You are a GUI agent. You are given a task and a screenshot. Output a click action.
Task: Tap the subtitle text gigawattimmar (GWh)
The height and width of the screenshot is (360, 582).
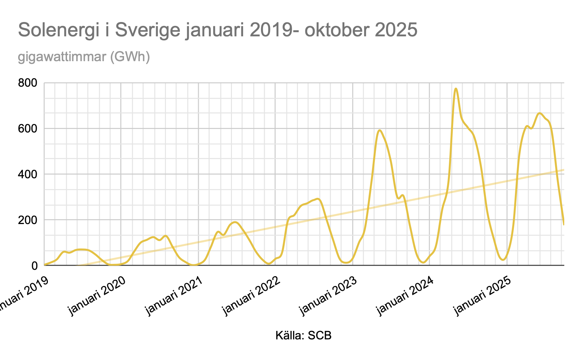pyautogui.click(x=84, y=57)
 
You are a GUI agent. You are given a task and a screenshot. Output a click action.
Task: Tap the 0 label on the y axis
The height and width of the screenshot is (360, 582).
pyautogui.click(x=35, y=266)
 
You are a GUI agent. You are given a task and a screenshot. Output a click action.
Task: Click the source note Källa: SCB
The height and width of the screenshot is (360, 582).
pyautogui.click(x=303, y=336)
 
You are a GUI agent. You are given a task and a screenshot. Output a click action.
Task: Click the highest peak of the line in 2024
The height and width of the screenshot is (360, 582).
pyautogui.click(x=456, y=89)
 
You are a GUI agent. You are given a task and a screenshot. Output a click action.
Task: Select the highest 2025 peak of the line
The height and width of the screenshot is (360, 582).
pyautogui.click(x=540, y=113)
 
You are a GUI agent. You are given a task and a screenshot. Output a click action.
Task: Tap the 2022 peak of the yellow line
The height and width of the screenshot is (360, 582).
pyautogui.click(x=317, y=199)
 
